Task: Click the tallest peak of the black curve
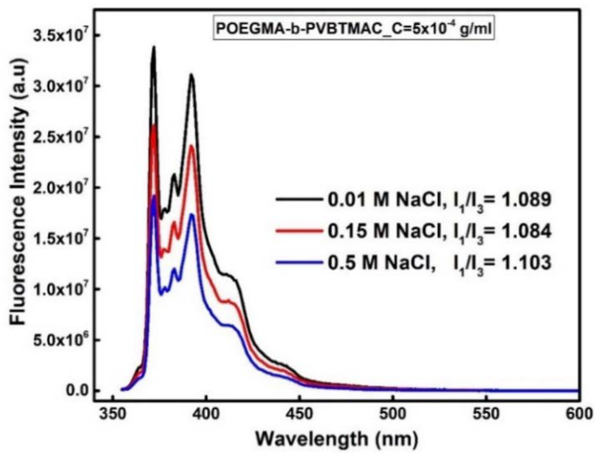(x=154, y=47)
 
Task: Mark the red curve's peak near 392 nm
(x=191, y=146)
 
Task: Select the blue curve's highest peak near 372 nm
(x=154, y=196)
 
